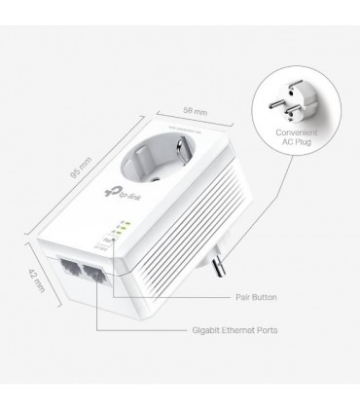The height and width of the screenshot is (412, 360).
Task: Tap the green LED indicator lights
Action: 121,228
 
